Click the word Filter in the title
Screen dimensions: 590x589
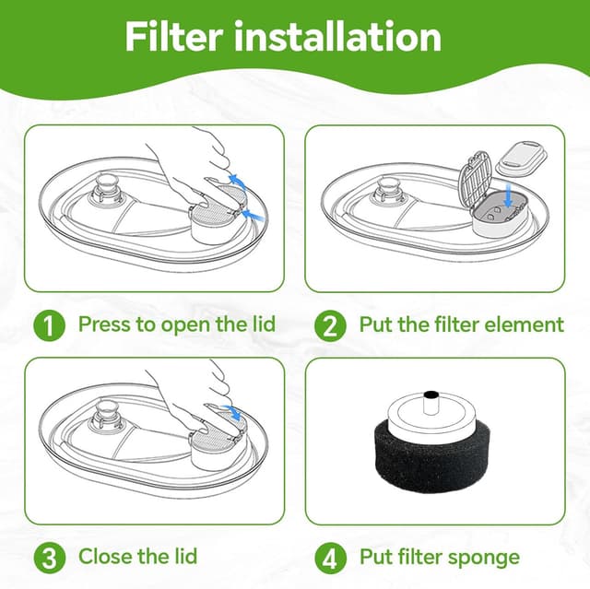click(174, 37)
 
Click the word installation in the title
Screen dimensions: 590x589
click(337, 37)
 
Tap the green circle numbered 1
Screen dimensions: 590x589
click(49, 325)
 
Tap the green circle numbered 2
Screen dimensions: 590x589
click(330, 325)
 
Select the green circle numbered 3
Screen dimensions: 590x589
click(49, 558)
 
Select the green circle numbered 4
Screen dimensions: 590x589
click(330, 558)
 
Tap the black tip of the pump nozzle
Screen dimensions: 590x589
click(431, 395)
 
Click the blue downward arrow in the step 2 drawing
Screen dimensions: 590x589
click(509, 194)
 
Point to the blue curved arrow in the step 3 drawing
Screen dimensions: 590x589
click(231, 412)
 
